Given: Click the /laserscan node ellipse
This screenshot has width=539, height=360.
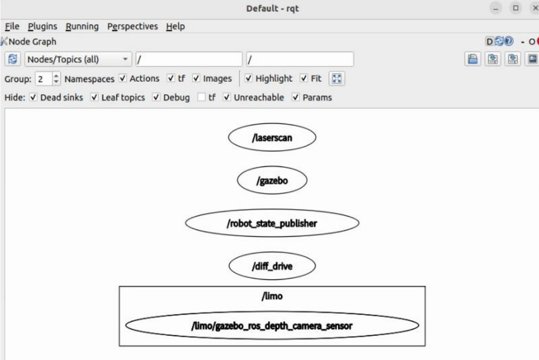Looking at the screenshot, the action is pyautogui.click(x=272, y=139).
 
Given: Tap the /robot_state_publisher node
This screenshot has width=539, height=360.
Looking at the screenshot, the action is pyautogui.click(x=272, y=224).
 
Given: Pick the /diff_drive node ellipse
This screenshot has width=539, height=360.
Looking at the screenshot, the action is pyautogui.click(x=272, y=267).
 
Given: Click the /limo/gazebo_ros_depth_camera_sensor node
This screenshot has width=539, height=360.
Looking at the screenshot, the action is pyautogui.click(x=272, y=326).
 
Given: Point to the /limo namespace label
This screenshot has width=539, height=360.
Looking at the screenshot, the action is pyautogui.click(x=272, y=297).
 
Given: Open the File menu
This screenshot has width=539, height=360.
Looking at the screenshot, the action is pyautogui.click(x=11, y=26).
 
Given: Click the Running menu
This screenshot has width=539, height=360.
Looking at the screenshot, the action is pyautogui.click(x=82, y=26).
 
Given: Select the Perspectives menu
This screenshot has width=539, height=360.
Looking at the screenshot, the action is pyautogui.click(x=133, y=26).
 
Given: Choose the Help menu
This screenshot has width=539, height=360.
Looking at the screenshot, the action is pyautogui.click(x=175, y=26).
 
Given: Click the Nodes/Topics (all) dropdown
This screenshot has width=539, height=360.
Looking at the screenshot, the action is pyautogui.click(x=78, y=60).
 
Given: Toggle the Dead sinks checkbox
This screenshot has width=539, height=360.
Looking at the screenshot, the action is pyautogui.click(x=33, y=98).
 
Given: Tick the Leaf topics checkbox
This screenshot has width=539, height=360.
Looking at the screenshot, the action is pyautogui.click(x=94, y=98).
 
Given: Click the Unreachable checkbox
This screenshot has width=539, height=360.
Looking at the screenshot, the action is pyautogui.click(x=227, y=98).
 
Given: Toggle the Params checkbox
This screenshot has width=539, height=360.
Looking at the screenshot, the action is pyautogui.click(x=296, y=98).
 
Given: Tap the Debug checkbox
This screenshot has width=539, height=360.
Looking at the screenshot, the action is pyautogui.click(x=156, y=98).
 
